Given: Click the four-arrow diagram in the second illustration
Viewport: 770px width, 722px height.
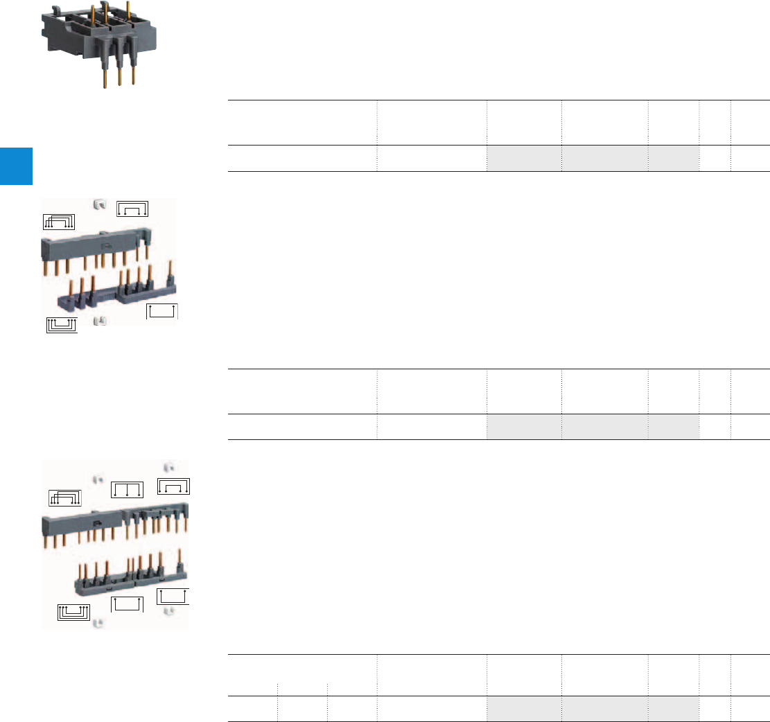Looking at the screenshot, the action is tap(132, 209).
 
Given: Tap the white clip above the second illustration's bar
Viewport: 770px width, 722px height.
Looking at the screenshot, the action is tap(99, 204).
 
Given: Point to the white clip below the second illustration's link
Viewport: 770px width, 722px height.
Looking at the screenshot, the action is tap(99, 321).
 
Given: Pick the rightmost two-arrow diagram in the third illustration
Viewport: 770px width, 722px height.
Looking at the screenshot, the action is tap(173, 597).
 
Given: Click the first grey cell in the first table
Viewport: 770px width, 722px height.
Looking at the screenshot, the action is tap(524, 159).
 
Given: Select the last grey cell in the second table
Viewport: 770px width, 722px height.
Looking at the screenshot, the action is tap(674, 427).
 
